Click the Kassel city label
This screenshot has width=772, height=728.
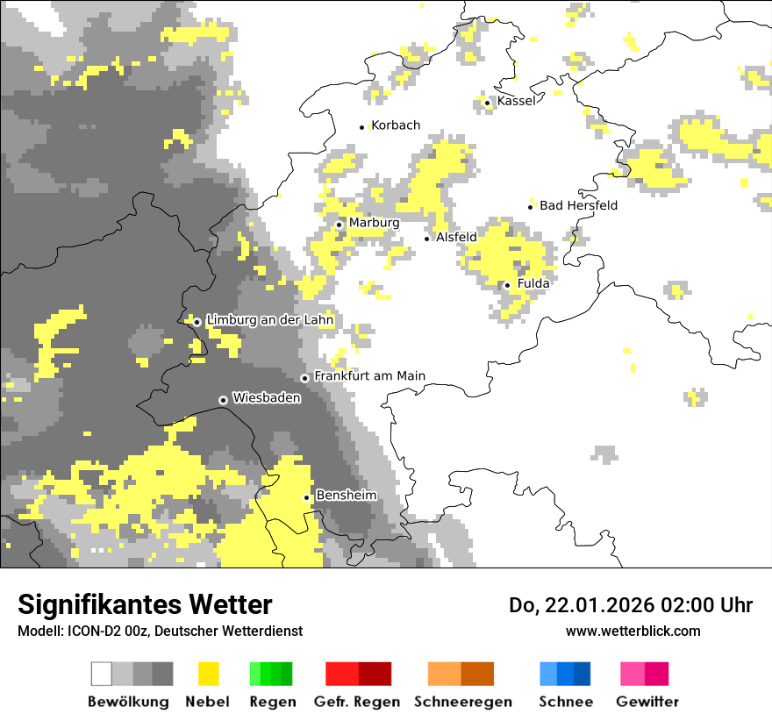click(516, 101)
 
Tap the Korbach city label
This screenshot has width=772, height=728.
click(396, 125)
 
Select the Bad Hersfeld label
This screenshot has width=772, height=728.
click(578, 205)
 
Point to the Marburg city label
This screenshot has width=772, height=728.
click(374, 223)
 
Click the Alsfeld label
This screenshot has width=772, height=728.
click(456, 237)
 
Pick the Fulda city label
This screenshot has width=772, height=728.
click(533, 283)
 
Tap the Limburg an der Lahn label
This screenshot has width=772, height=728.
click(269, 320)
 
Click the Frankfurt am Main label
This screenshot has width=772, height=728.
click(369, 375)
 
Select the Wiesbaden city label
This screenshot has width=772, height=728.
click(267, 397)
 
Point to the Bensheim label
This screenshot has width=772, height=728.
click(346, 495)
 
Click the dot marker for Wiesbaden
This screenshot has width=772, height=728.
click(223, 400)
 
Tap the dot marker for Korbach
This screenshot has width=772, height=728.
click(361, 127)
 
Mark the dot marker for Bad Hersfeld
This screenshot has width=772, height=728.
click(531, 207)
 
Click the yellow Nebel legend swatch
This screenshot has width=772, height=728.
click(208, 674)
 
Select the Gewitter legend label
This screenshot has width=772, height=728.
click(647, 702)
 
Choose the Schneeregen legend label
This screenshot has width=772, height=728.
click(462, 702)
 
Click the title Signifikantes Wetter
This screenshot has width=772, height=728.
click(145, 605)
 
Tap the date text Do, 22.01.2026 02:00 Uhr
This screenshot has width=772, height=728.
click(630, 605)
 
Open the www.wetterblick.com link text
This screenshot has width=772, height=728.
click(633, 631)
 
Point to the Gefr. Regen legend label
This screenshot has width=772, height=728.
click(357, 702)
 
